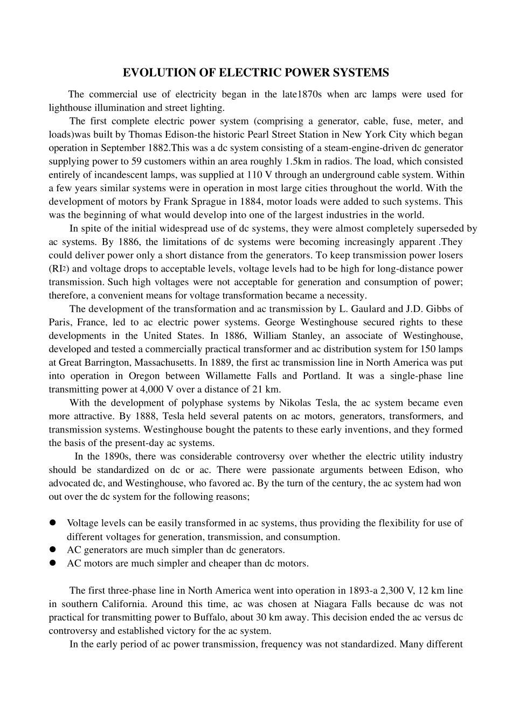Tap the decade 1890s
tap(119, 456)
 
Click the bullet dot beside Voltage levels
tap(53, 523)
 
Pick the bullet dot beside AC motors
tap(53, 563)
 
